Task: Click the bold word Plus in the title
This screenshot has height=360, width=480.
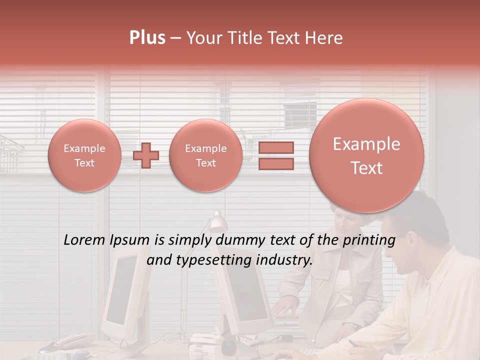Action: (147, 38)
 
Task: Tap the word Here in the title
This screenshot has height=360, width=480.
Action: (325, 38)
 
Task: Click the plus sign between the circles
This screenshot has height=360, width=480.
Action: (146, 155)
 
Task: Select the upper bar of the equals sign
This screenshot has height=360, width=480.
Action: (276, 147)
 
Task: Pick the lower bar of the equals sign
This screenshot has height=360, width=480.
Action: (276, 163)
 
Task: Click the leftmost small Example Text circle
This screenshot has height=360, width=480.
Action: (84, 155)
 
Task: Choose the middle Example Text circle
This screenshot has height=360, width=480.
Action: (205, 155)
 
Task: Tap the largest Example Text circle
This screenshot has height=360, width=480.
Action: (366, 155)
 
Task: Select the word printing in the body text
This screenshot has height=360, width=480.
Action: (370, 240)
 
